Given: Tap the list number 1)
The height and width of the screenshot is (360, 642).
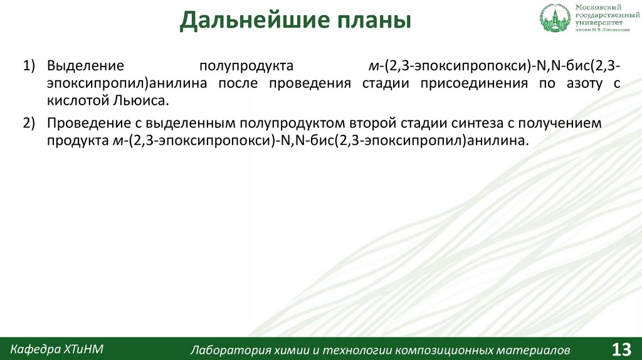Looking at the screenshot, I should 31,66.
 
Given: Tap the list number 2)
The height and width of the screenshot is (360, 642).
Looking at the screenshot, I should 31,124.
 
